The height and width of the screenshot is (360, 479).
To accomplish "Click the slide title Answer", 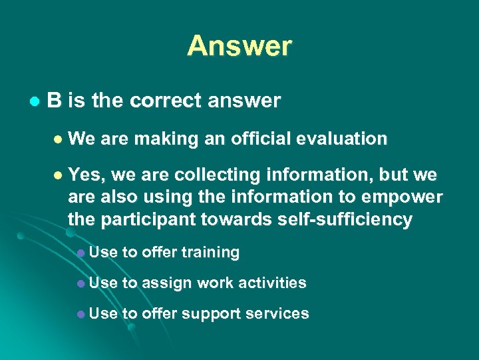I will pos(239,46).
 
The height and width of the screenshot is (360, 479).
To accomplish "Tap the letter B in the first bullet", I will pos(55,101).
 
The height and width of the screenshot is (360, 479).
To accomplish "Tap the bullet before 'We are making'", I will pos(57,139).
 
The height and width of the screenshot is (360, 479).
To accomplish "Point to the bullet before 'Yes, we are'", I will pos(57,176).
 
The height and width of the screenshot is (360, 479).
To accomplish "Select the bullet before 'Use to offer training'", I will pos(80,253).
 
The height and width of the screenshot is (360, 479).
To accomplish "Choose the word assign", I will pos(166,283).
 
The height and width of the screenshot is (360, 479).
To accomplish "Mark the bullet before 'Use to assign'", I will pos(80,283).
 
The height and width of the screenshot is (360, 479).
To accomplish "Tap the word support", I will pos(213,313).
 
